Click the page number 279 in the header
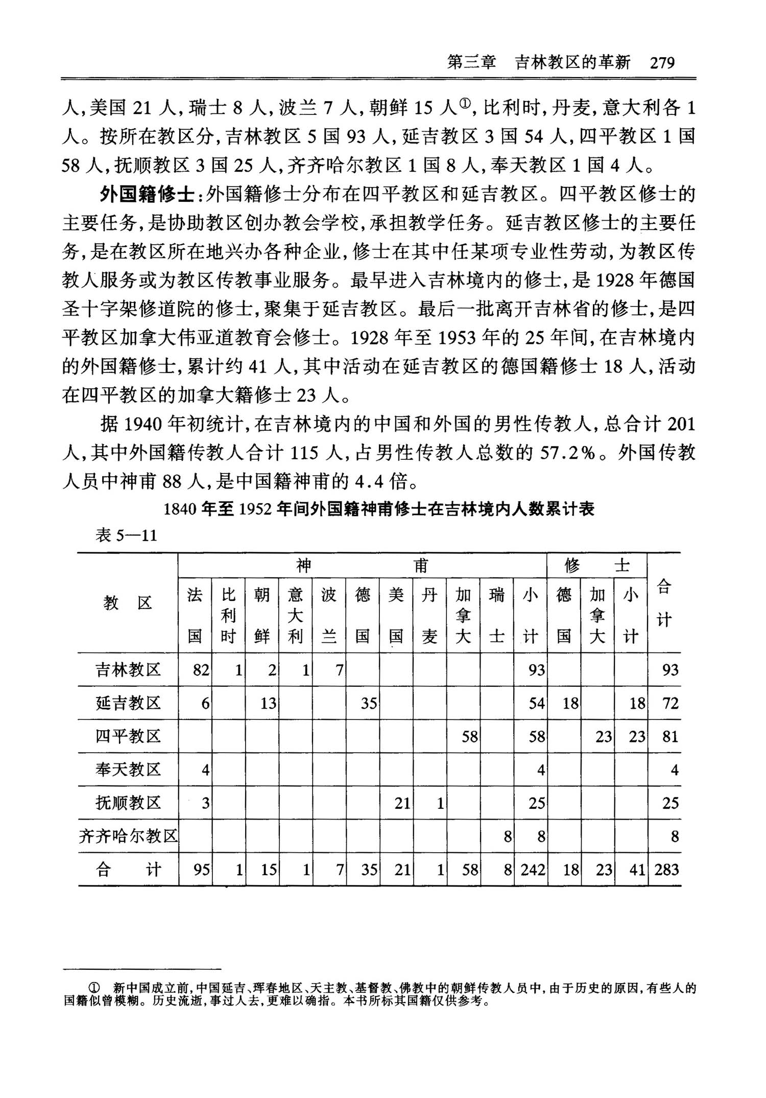662,62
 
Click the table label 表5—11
126,535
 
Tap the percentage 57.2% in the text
567,453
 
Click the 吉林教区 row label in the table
128,669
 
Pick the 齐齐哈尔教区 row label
128,836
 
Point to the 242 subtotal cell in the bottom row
533,870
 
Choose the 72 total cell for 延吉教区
670,704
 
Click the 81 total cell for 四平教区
670,737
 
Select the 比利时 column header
228,615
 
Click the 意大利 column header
295,615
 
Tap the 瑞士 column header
496,615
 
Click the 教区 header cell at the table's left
128,603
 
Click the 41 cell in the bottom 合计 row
637,870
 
